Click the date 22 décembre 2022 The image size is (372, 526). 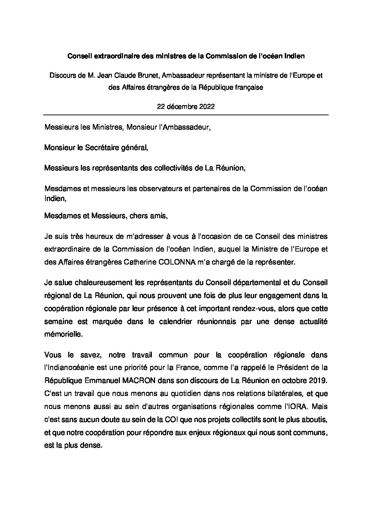(x=186, y=108)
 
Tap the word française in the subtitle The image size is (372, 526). (x=248, y=88)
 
